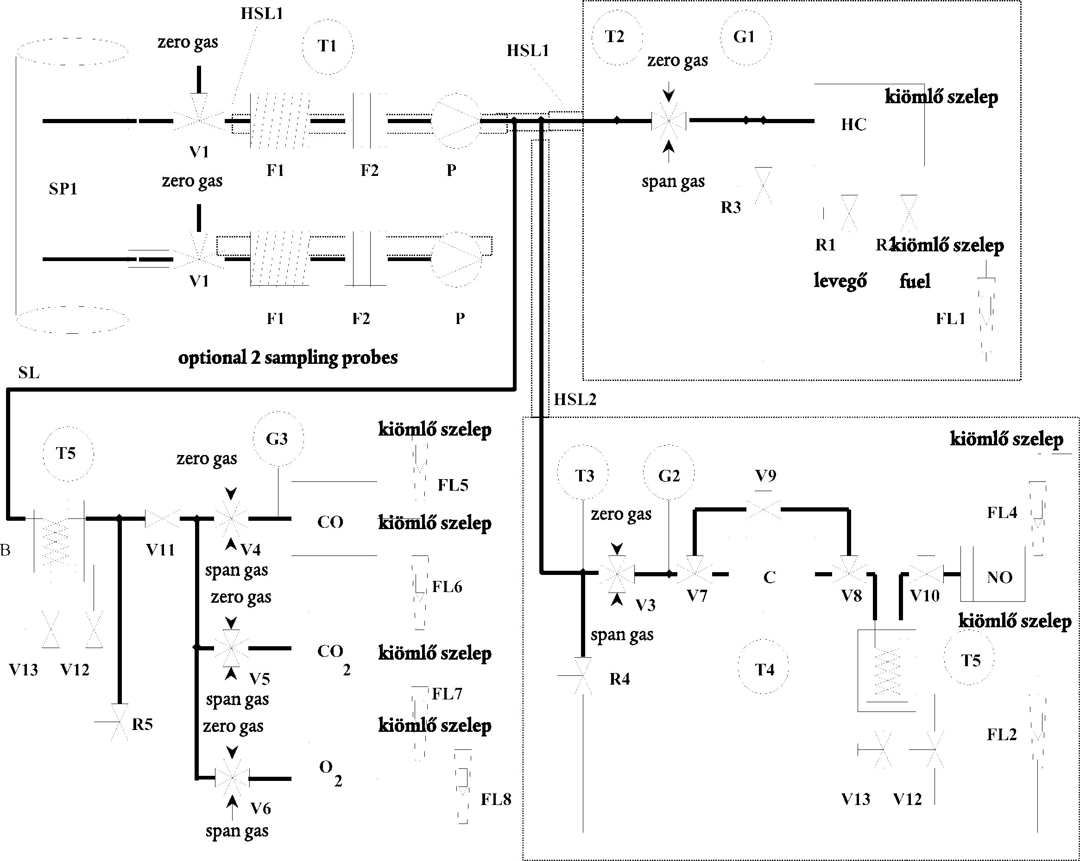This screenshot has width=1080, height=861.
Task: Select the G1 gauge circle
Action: (x=745, y=37)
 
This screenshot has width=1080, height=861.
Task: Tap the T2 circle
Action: (x=617, y=37)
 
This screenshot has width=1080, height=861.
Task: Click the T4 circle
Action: (x=764, y=669)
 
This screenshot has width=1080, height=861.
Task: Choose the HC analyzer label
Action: (x=853, y=125)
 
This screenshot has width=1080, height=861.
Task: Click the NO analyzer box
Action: (x=999, y=577)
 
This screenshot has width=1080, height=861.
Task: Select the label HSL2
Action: (x=575, y=399)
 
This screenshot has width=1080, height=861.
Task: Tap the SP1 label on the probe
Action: (x=63, y=189)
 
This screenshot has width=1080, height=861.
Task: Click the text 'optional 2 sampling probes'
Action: (x=288, y=358)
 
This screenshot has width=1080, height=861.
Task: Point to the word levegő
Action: (x=840, y=281)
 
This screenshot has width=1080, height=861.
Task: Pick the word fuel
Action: (x=915, y=281)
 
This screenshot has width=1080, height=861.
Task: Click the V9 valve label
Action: (x=765, y=475)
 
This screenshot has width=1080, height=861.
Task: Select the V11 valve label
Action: (x=160, y=550)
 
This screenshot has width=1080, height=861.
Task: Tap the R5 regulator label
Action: (x=142, y=724)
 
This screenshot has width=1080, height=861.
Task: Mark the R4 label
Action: (x=619, y=679)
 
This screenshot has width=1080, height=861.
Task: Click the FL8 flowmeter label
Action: (x=496, y=799)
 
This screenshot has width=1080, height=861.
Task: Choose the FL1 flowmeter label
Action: (x=950, y=319)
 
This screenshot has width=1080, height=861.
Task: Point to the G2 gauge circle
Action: (x=669, y=475)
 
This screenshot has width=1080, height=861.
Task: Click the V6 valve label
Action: (x=260, y=808)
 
